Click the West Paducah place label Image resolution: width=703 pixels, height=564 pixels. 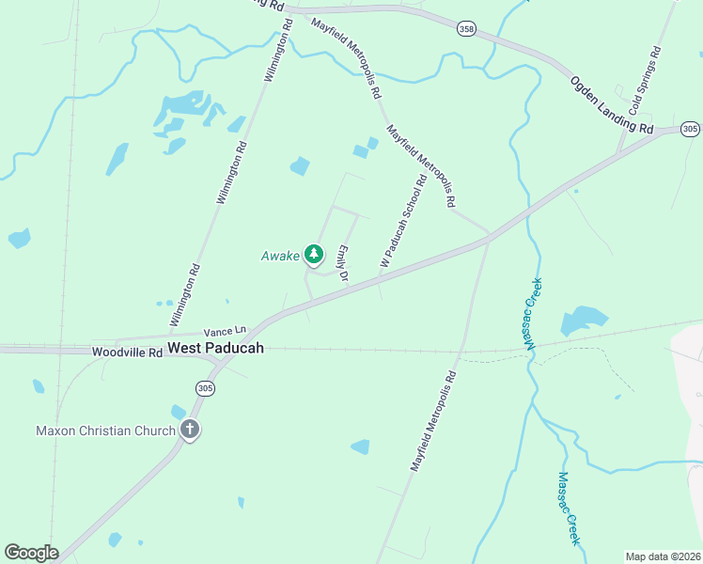(x=216, y=348)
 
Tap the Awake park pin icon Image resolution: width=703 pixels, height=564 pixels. (x=313, y=255)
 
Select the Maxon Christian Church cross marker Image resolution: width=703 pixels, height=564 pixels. (x=190, y=431)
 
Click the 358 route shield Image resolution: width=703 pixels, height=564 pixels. (x=467, y=30)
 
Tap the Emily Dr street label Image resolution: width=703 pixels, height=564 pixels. (x=343, y=264)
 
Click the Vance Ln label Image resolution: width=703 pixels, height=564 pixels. (x=225, y=331)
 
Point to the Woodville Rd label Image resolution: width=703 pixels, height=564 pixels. (x=127, y=351)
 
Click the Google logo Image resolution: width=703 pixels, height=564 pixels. (x=31, y=553)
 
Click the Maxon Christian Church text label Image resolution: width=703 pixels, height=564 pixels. (x=106, y=431)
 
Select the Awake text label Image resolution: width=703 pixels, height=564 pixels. (x=280, y=256)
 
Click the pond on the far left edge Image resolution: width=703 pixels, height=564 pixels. (x=19, y=238)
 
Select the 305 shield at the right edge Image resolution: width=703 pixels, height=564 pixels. (x=690, y=129)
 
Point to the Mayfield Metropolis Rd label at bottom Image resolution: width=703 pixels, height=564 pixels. (x=432, y=421)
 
